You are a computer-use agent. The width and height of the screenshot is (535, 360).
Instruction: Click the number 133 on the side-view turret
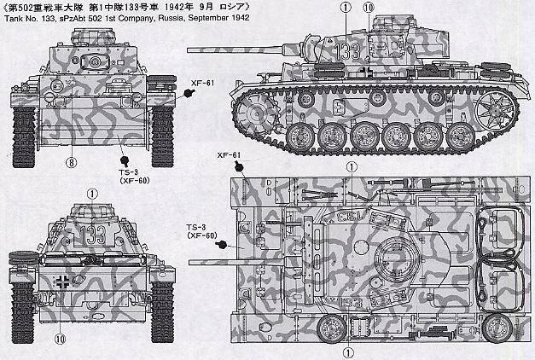(x=347, y=51)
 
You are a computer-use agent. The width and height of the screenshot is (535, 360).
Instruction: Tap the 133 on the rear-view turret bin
(x=93, y=235)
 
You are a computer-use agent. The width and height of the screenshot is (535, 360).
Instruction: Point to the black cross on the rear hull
(x=63, y=282)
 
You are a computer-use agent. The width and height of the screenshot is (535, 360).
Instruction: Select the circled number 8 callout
(x=72, y=163)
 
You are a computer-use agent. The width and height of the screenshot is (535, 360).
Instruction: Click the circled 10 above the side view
(x=369, y=8)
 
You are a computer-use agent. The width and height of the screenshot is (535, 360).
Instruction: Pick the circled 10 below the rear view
(x=60, y=339)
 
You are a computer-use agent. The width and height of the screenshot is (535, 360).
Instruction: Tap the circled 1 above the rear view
(x=92, y=195)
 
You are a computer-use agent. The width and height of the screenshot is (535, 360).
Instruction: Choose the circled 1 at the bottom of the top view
(x=348, y=352)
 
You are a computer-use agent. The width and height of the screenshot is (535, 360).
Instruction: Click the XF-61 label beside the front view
(x=202, y=83)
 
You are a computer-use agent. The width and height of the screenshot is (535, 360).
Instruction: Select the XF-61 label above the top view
(x=229, y=155)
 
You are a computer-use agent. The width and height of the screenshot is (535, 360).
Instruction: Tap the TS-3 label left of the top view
(x=196, y=228)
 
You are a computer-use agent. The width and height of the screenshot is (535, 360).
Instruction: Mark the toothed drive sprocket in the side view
(x=255, y=113)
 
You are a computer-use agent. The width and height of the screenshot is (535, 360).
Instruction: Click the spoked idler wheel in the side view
(x=494, y=109)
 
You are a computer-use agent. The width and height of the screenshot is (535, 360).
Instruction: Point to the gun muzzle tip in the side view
(x=189, y=50)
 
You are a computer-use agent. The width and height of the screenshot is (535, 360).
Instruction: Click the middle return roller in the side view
(x=378, y=98)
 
